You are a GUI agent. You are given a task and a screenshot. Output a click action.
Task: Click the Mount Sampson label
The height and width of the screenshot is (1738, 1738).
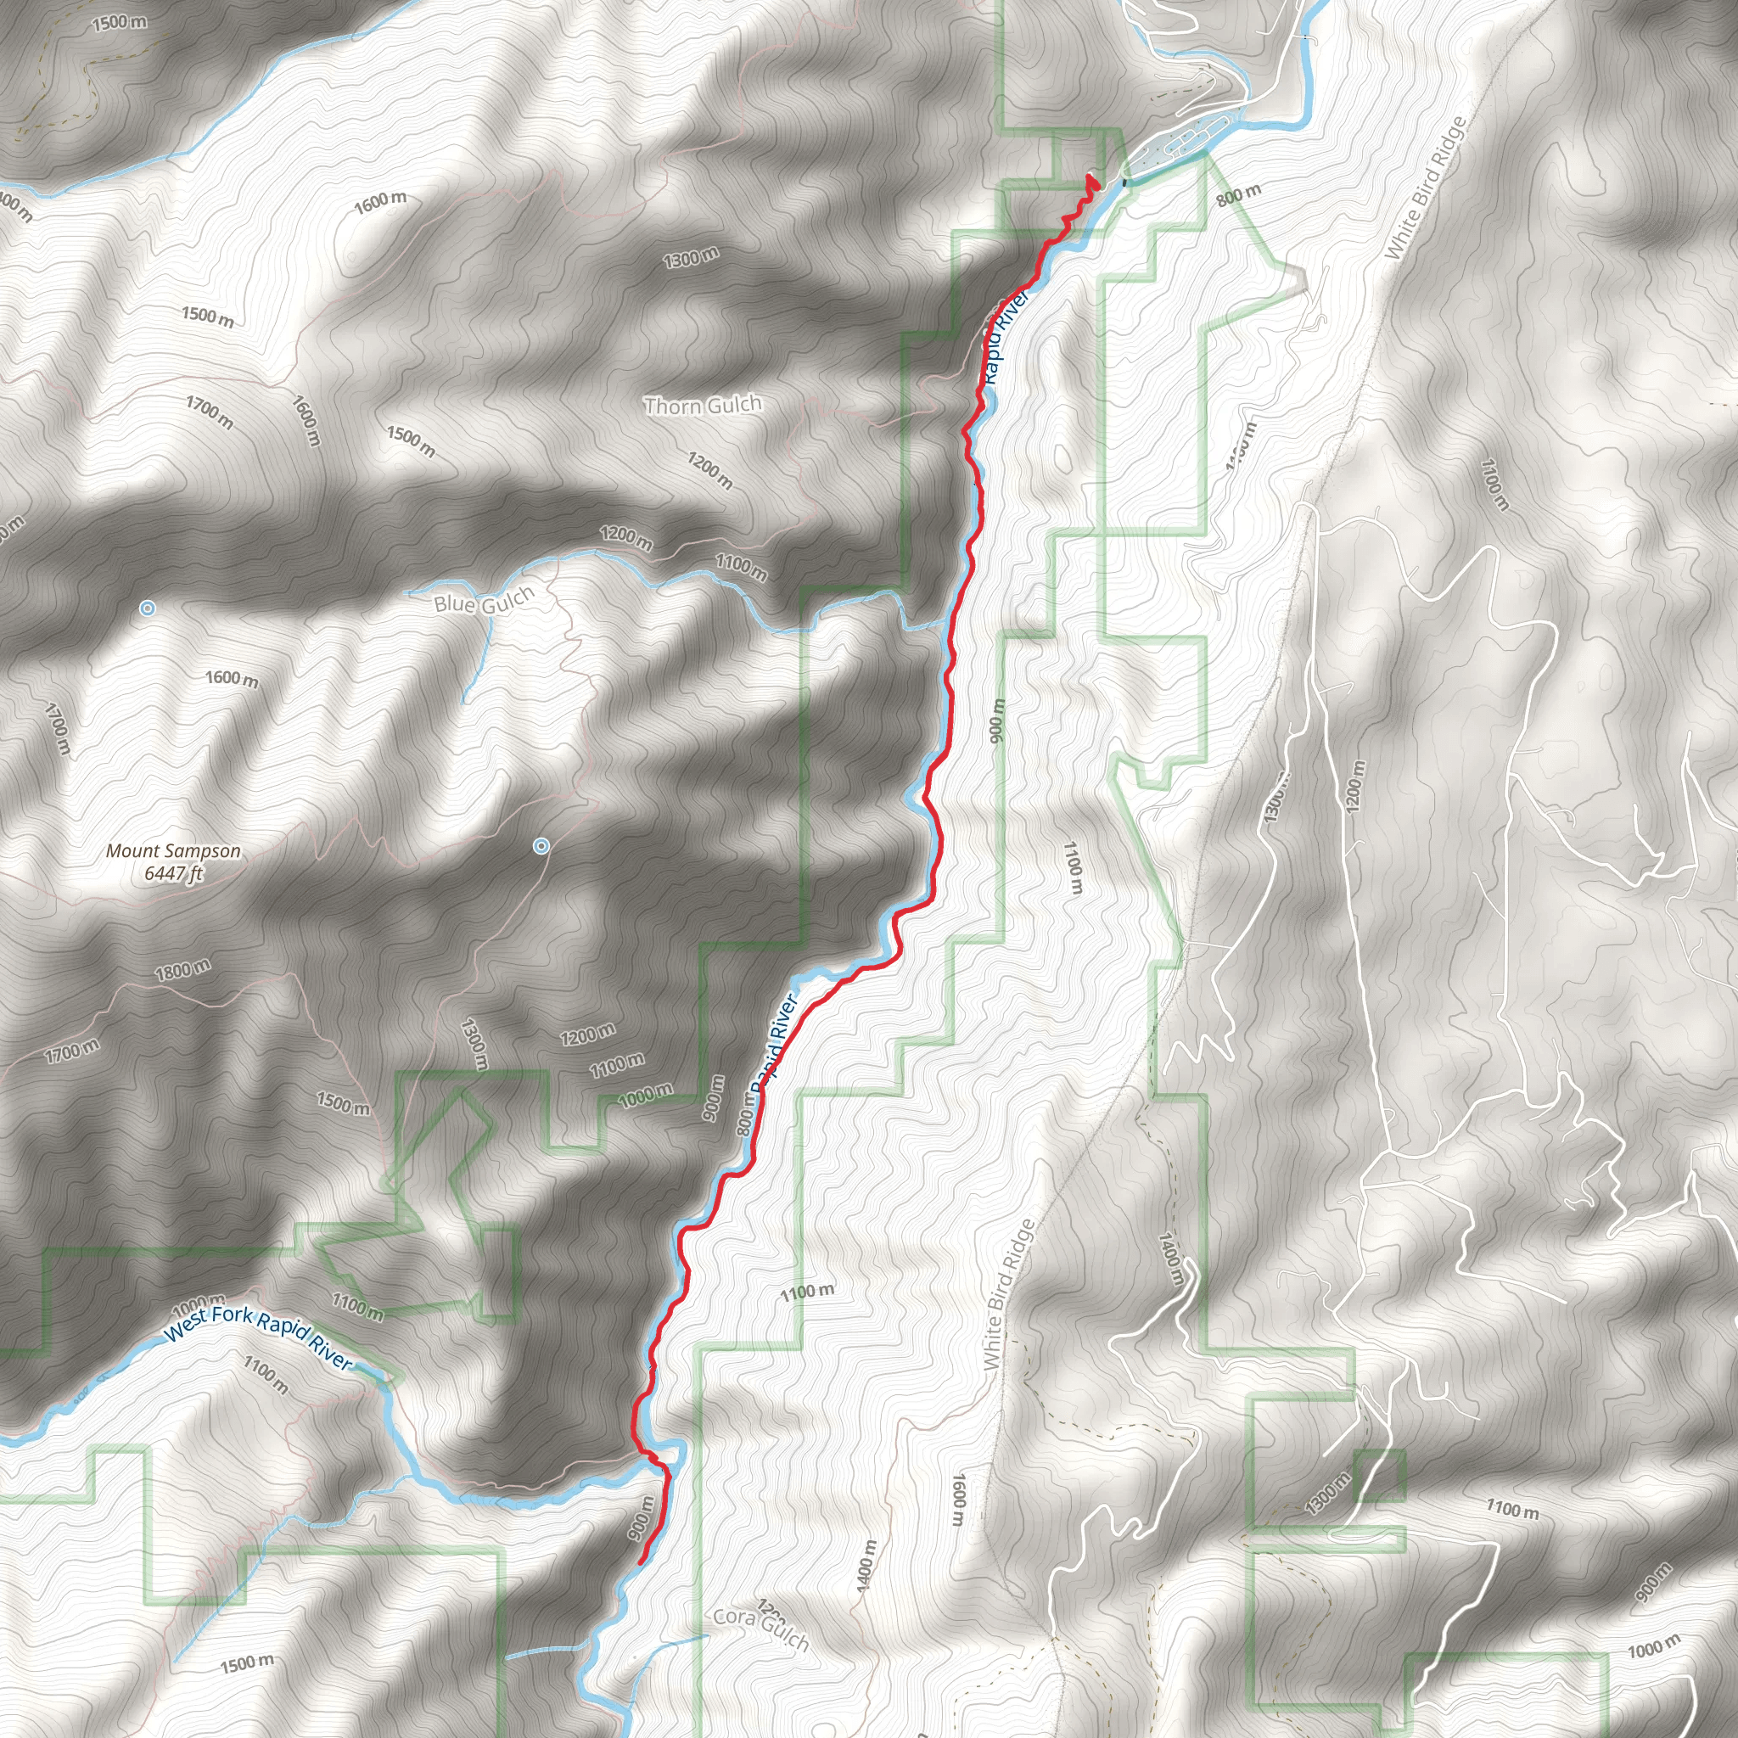click(173, 851)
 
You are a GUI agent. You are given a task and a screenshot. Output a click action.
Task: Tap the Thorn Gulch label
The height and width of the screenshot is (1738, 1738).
click(703, 406)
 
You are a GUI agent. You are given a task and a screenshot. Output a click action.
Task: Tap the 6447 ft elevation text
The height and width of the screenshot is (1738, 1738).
click(174, 873)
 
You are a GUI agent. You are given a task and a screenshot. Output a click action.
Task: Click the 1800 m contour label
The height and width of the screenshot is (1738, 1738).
click(182, 970)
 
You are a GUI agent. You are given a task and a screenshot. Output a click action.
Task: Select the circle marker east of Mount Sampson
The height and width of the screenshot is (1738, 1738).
click(541, 845)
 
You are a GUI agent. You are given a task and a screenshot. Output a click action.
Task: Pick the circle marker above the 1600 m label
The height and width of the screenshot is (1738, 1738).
click(147, 609)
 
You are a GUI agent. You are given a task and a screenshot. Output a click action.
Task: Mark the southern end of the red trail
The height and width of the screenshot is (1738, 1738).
click(640, 1562)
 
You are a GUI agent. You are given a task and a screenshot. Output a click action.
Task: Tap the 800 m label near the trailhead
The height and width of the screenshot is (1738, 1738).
click(1239, 194)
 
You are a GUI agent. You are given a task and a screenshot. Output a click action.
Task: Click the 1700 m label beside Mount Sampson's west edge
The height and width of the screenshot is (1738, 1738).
click(56, 729)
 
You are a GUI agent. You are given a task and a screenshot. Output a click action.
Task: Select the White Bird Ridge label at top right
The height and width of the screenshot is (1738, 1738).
click(1425, 190)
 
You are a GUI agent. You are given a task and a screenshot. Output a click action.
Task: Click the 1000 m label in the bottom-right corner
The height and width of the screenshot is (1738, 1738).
click(1653, 1647)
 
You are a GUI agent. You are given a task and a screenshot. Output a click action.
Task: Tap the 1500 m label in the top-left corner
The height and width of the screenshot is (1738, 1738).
click(120, 21)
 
